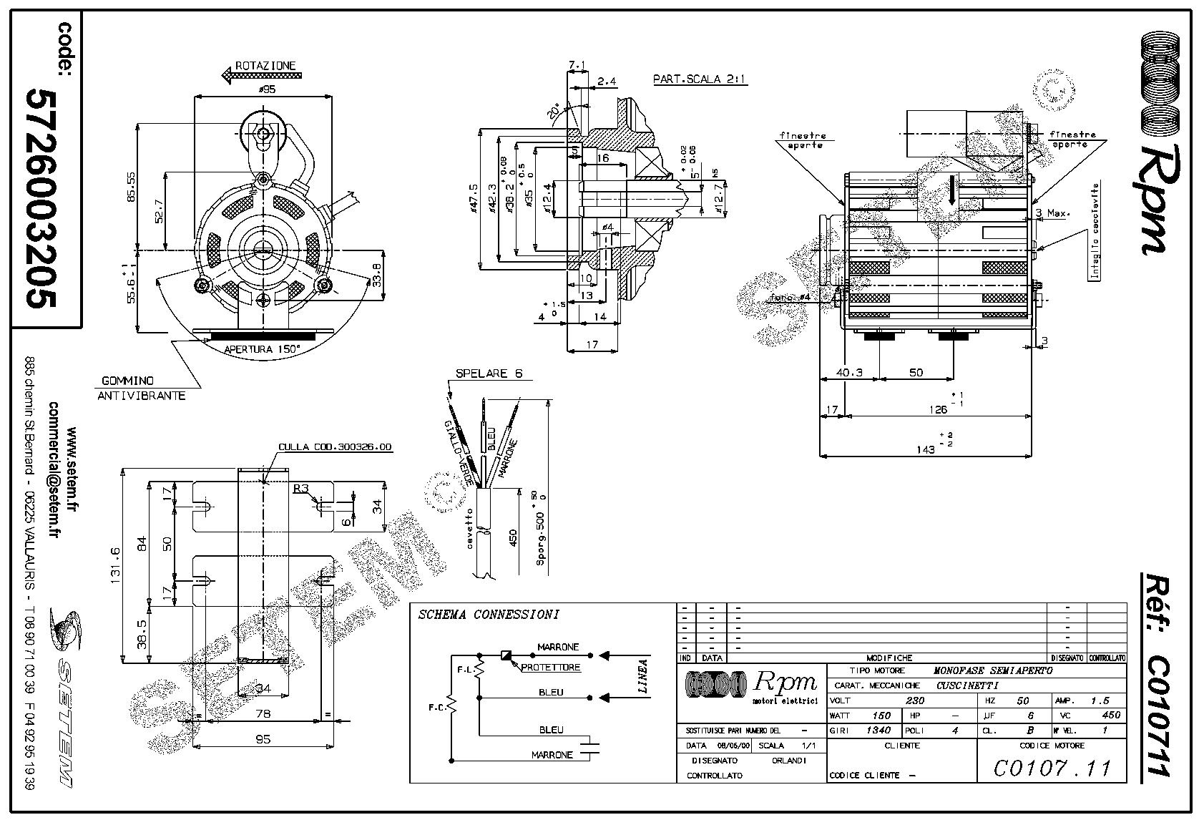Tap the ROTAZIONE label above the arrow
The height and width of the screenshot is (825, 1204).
click(x=265, y=65)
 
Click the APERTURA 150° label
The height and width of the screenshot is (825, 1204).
click(x=263, y=349)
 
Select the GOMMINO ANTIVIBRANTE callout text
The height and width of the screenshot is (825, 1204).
click(x=142, y=389)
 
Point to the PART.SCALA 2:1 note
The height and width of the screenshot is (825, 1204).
click(x=700, y=79)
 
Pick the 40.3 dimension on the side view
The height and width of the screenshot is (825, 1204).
click(x=849, y=372)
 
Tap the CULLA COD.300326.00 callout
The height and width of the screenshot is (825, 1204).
click(x=335, y=446)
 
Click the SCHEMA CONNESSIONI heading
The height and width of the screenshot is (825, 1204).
click(x=489, y=614)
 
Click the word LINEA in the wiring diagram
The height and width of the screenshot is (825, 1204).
click(x=642, y=677)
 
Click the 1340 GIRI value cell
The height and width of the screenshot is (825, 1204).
click(x=878, y=731)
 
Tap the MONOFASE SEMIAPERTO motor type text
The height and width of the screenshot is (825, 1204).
click(x=993, y=670)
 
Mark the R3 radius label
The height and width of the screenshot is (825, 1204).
click(x=300, y=489)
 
